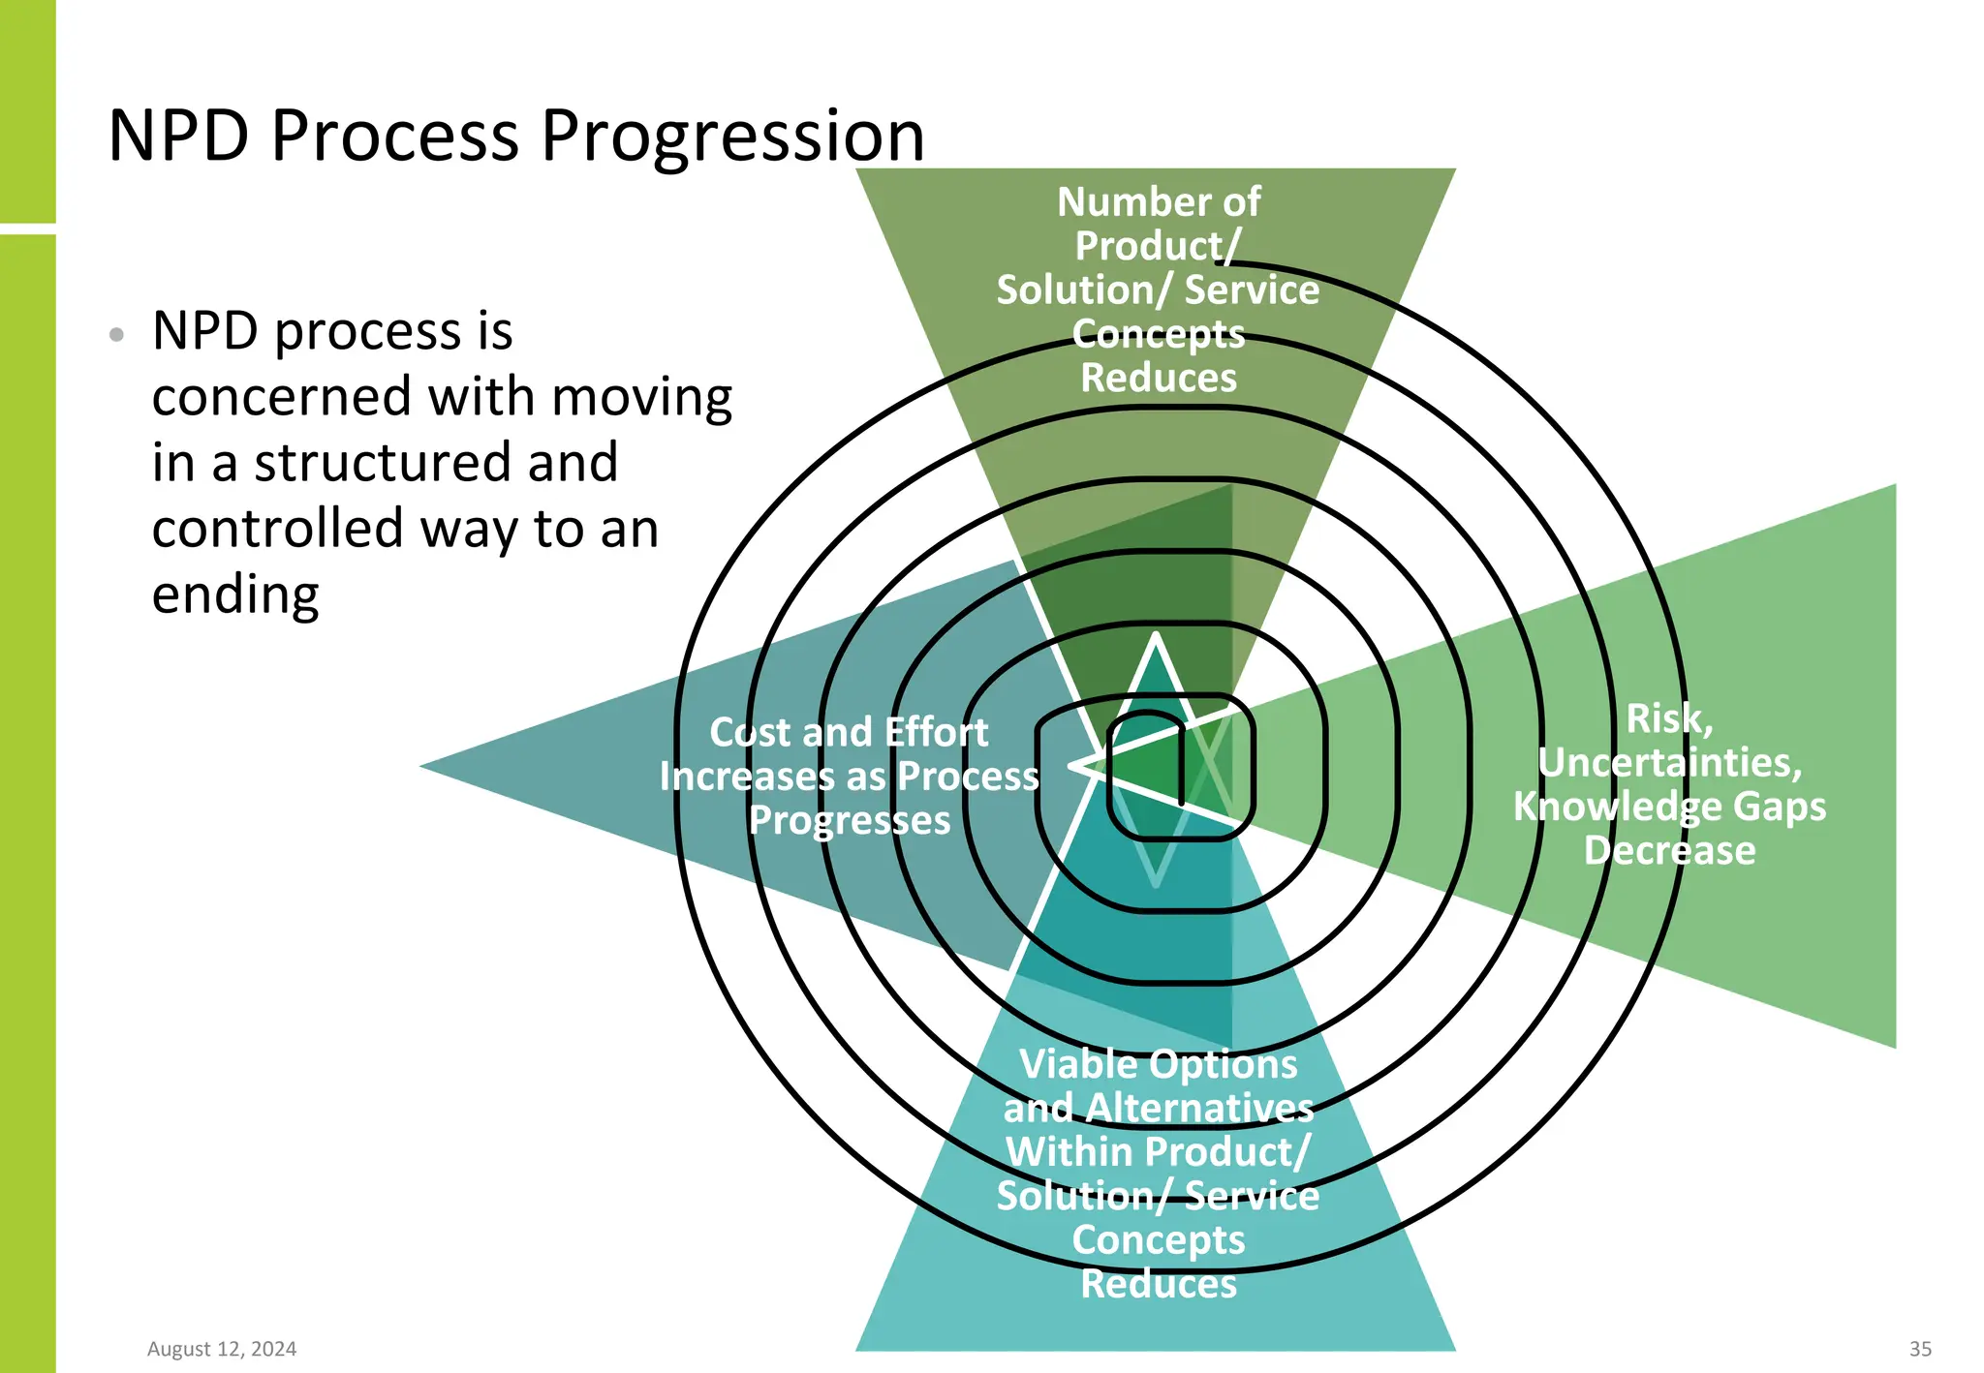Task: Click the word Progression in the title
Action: pyautogui.click(x=731, y=136)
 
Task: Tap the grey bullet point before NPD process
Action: pyautogui.click(x=117, y=335)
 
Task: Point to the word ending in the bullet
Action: pyautogui.click(x=235, y=594)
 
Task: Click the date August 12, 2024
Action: pyautogui.click(x=222, y=1349)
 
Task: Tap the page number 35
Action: pyautogui.click(x=1920, y=1349)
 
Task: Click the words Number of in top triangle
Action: pyautogui.click(x=1159, y=202)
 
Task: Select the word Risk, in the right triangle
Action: pyautogui.click(x=1669, y=718)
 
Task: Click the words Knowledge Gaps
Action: pyautogui.click(x=1669, y=807)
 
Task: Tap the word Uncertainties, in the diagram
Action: pyautogui.click(x=1669, y=763)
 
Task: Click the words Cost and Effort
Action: pyautogui.click(x=849, y=732)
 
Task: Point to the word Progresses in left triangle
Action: pyautogui.click(x=850, y=820)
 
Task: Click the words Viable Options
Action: pyautogui.click(x=1159, y=1064)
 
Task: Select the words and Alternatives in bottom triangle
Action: pyautogui.click(x=1159, y=1108)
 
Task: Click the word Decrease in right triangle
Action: pyautogui.click(x=1669, y=850)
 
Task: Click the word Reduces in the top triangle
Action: pyautogui.click(x=1159, y=378)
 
